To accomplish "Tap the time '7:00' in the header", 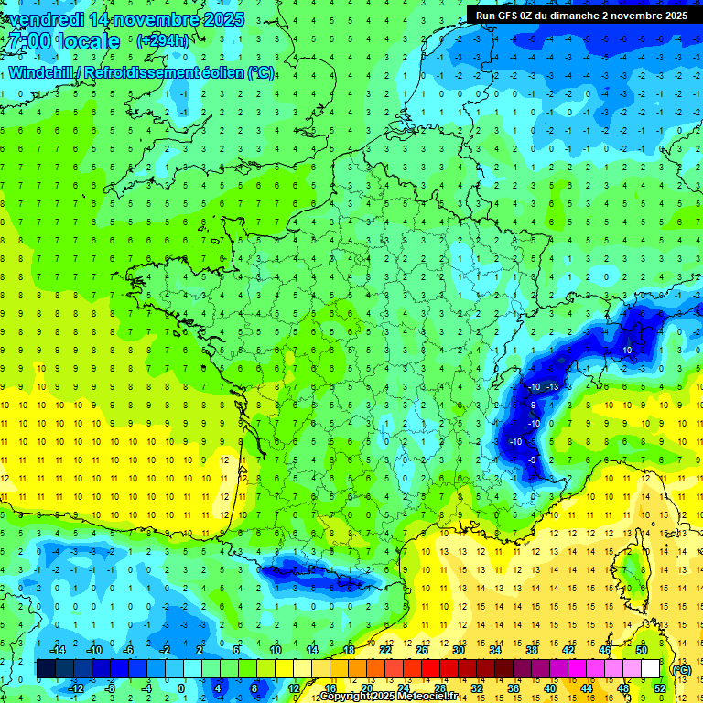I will [x=27, y=41].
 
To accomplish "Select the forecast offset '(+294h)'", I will [x=163, y=41].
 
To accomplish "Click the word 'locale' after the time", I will [x=88, y=41].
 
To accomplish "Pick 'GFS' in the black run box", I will [x=508, y=16].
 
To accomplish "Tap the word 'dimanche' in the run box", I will [x=581, y=16].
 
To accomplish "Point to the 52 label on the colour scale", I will [x=660, y=687].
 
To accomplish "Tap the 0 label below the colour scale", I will [x=180, y=687].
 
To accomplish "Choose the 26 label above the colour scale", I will [x=422, y=650].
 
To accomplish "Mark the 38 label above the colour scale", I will [x=532, y=650].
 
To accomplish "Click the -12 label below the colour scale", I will [x=76, y=687].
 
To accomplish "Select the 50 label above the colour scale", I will [x=642, y=650].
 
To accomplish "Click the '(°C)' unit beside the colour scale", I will [x=682, y=669].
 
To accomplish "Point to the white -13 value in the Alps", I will [x=552, y=388].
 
